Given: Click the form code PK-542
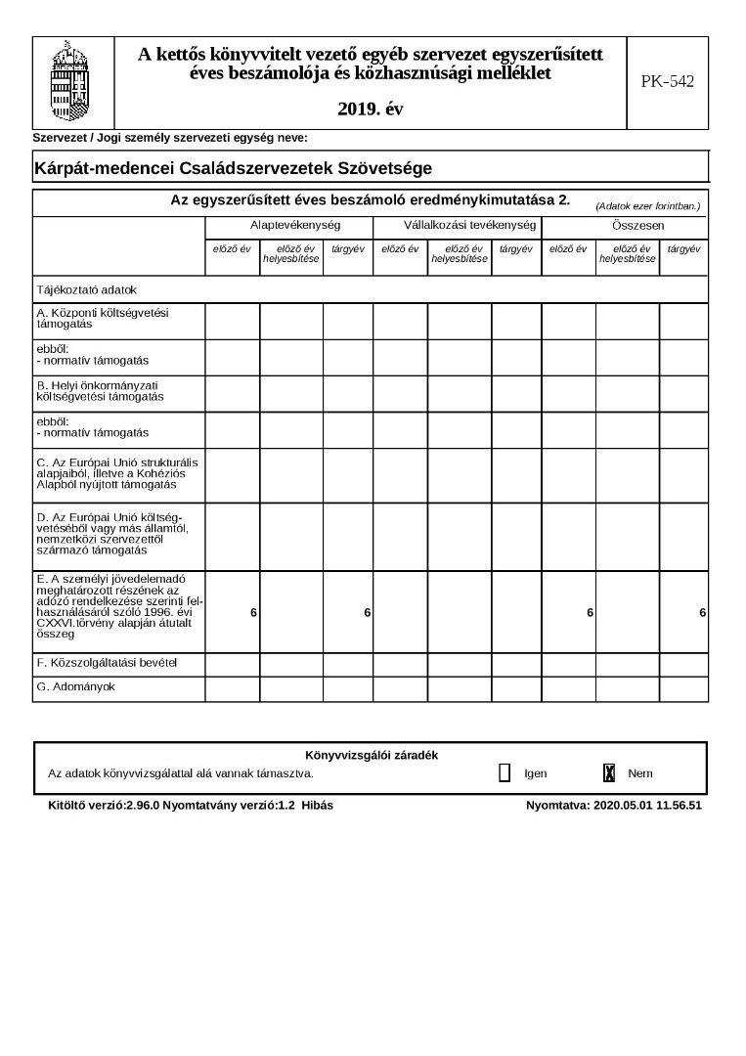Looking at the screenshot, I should (667, 82).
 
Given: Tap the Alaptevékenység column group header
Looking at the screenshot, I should (288, 226).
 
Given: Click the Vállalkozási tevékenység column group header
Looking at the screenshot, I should (457, 226).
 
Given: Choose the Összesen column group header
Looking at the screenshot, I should (624, 226).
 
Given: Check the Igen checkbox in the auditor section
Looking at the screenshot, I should (505, 773).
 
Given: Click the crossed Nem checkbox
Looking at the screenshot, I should (609, 773).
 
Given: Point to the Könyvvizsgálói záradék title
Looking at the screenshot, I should (371, 755).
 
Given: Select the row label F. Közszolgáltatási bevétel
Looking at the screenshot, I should (107, 664).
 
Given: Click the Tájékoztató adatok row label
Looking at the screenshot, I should (87, 290).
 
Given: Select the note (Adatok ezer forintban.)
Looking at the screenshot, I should (647, 205).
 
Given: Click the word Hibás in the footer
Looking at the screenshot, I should (318, 806).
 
